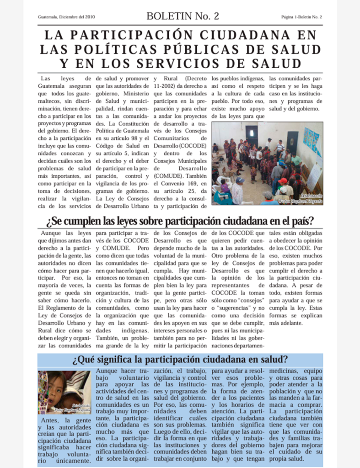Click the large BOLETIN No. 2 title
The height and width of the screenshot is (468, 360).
(x=183, y=16)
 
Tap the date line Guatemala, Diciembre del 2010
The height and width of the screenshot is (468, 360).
(x=66, y=17)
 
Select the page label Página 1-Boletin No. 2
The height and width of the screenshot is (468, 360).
(x=301, y=17)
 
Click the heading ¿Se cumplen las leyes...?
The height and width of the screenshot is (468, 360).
(x=180, y=221)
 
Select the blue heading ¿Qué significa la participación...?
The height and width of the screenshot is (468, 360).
(x=180, y=359)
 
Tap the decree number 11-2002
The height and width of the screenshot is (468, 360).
(x=167, y=86)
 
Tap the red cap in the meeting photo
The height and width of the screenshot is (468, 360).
(x=282, y=181)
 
